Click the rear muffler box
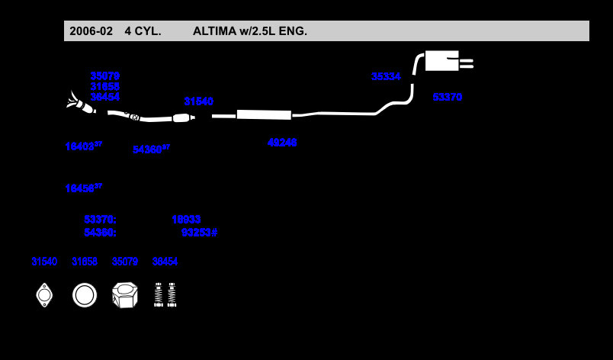(x=441, y=61)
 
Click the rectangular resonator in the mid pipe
(x=264, y=114)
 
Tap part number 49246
(x=282, y=143)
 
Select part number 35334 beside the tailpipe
(x=386, y=77)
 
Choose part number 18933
(x=186, y=220)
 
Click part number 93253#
(x=199, y=233)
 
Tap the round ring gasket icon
(x=85, y=295)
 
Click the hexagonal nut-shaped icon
(x=124, y=295)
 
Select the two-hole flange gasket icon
(x=44, y=295)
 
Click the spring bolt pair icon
(x=165, y=294)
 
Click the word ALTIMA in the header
(x=217, y=31)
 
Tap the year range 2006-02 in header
(x=91, y=31)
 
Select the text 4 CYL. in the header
(x=143, y=31)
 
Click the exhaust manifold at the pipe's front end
(x=79, y=103)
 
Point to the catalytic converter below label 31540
(x=181, y=117)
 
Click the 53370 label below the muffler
(x=447, y=98)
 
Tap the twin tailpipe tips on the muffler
(x=466, y=63)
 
